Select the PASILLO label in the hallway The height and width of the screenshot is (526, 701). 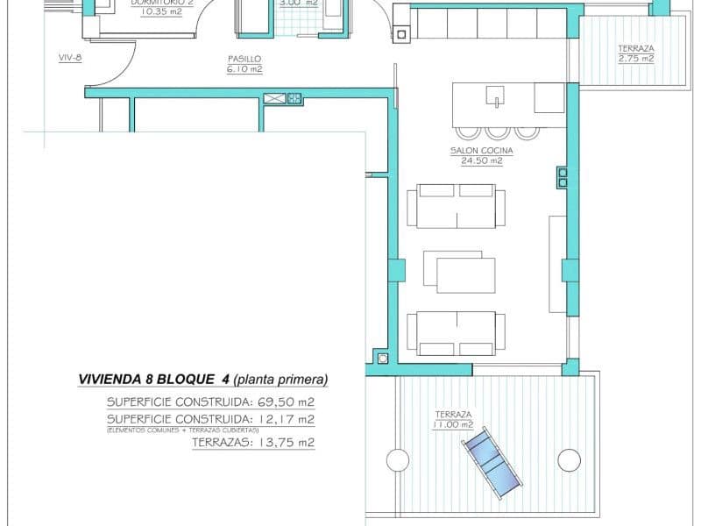tap(244, 60)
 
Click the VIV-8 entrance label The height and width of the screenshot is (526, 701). tap(70, 59)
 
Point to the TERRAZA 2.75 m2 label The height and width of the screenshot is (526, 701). tap(635, 53)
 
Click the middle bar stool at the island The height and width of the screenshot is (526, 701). tap(498, 131)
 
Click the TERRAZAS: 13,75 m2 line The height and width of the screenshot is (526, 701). tap(252, 443)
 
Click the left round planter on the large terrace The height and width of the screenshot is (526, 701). tap(397, 459)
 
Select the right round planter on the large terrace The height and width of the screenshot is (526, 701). tap(570, 459)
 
